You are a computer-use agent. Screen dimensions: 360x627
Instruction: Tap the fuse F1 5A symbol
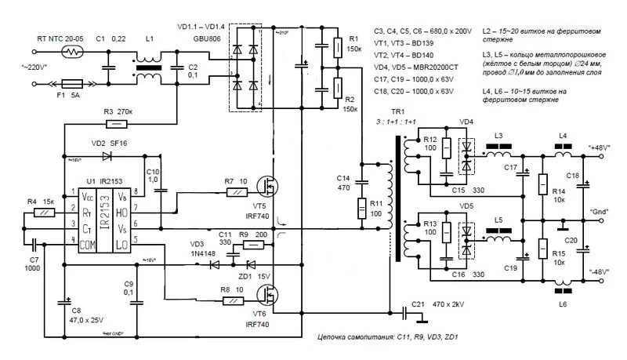71,82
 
